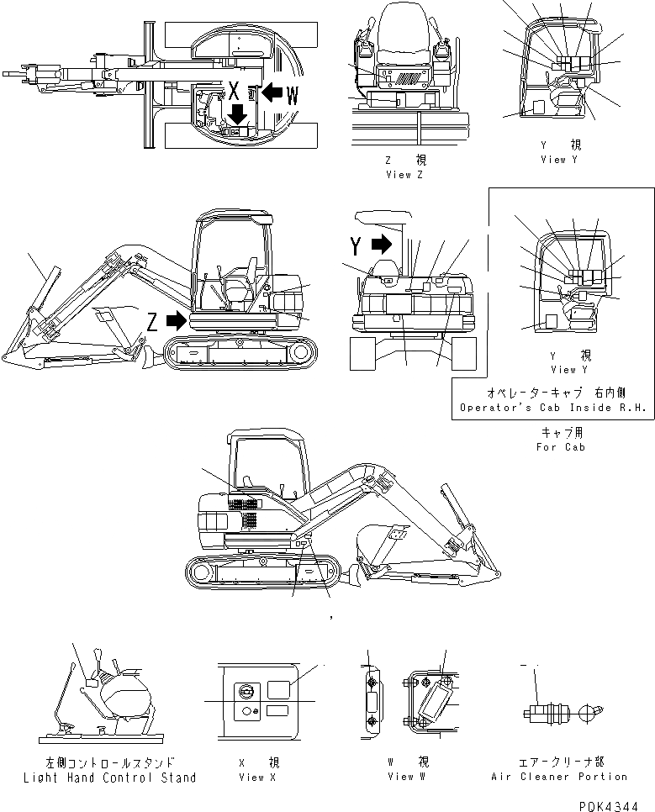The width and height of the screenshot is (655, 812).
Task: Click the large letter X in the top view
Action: pyautogui.click(x=236, y=89)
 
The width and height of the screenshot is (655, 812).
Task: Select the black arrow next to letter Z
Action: pyautogui.click(x=176, y=320)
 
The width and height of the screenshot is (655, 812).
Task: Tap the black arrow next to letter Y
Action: pyautogui.click(x=381, y=245)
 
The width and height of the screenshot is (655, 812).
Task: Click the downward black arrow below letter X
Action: pyautogui.click(x=238, y=113)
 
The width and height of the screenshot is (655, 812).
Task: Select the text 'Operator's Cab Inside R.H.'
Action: pyautogui.click(x=552, y=408)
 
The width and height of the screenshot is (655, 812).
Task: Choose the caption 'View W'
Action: pyautogui.click(x=401, y=777)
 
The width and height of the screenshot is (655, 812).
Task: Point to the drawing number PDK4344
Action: pyautogui.click(x=611, y=804)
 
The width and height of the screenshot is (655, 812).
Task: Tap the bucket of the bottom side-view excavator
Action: pyautogui.click(x=379, y=542)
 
